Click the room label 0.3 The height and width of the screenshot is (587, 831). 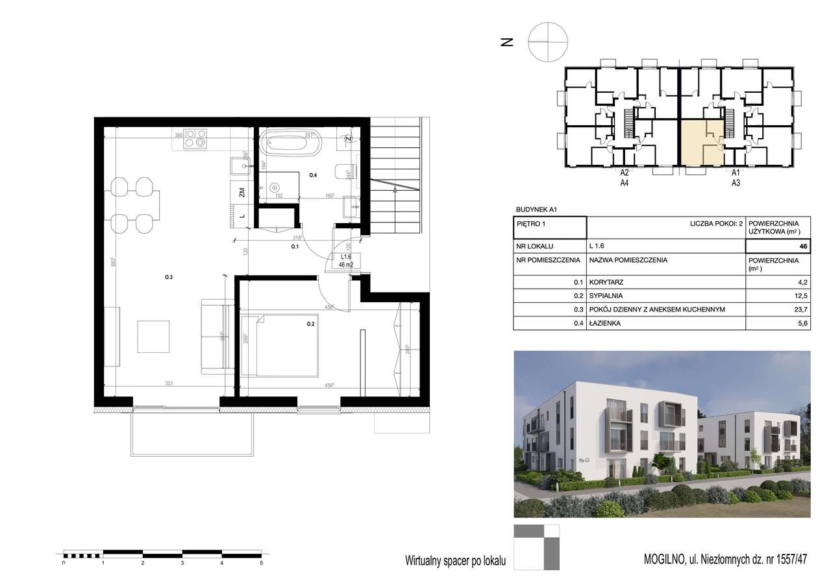click(169, 278)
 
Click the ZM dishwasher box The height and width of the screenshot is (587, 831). click(241, 192)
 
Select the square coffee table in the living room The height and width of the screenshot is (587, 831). click(153, 337)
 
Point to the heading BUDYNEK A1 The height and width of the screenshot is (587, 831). click(536, 210)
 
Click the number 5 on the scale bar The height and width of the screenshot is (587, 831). click(261, 564)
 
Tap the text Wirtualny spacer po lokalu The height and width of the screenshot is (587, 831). click(454, 559)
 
